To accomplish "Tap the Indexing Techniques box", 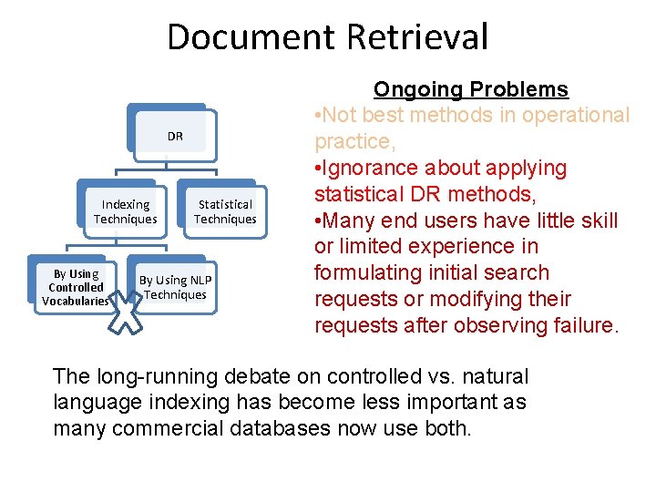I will click(126, 211).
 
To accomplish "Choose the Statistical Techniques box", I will click(225, 211).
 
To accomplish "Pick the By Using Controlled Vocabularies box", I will click(76, 287).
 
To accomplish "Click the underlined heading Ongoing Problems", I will click(471, 89).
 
